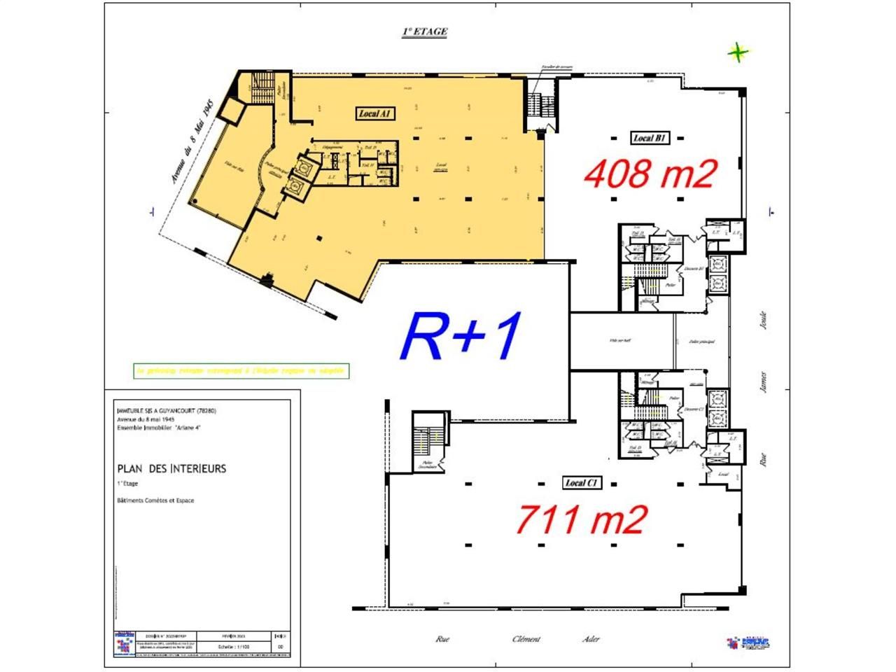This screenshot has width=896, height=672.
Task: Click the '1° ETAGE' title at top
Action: click(x=424, y=31)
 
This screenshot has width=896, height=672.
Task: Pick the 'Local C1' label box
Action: click(x=582, y=482)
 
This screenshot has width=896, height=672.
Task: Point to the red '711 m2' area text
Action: click(x=580, y=519)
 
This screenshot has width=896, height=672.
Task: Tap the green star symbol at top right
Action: click(x=738, y=52)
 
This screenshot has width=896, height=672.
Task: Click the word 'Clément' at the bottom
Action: click(x=526, y=638)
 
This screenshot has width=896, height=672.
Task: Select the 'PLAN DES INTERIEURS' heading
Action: click(x=171, y=468)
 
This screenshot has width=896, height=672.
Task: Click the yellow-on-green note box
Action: click(x=241, y=370)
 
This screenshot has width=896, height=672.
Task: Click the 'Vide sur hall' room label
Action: click(x=619, y=341)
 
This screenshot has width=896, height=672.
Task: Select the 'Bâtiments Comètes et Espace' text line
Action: click(x=155, y=500)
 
